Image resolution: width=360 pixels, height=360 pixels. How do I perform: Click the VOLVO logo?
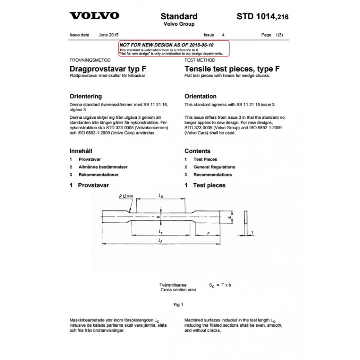tap(94, 16)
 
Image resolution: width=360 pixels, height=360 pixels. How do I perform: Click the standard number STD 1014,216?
tap(262, 17)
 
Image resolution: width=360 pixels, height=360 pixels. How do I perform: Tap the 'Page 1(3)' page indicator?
tap(273, 35)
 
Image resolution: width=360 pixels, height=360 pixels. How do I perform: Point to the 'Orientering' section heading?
tap(85, 96)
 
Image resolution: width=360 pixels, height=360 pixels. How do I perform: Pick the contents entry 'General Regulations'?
tap(214, 167)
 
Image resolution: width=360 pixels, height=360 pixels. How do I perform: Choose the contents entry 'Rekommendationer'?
tap(99, 175)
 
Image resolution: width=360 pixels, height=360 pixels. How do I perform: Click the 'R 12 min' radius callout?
tap(127, 196)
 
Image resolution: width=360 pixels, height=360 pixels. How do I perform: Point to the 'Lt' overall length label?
tap(161, 241)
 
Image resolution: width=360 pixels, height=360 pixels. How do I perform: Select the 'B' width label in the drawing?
tap(229, 218)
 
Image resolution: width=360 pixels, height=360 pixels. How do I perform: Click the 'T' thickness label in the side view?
tap(253, 233)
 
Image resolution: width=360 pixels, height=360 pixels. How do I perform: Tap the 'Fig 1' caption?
tap(179, 305)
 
